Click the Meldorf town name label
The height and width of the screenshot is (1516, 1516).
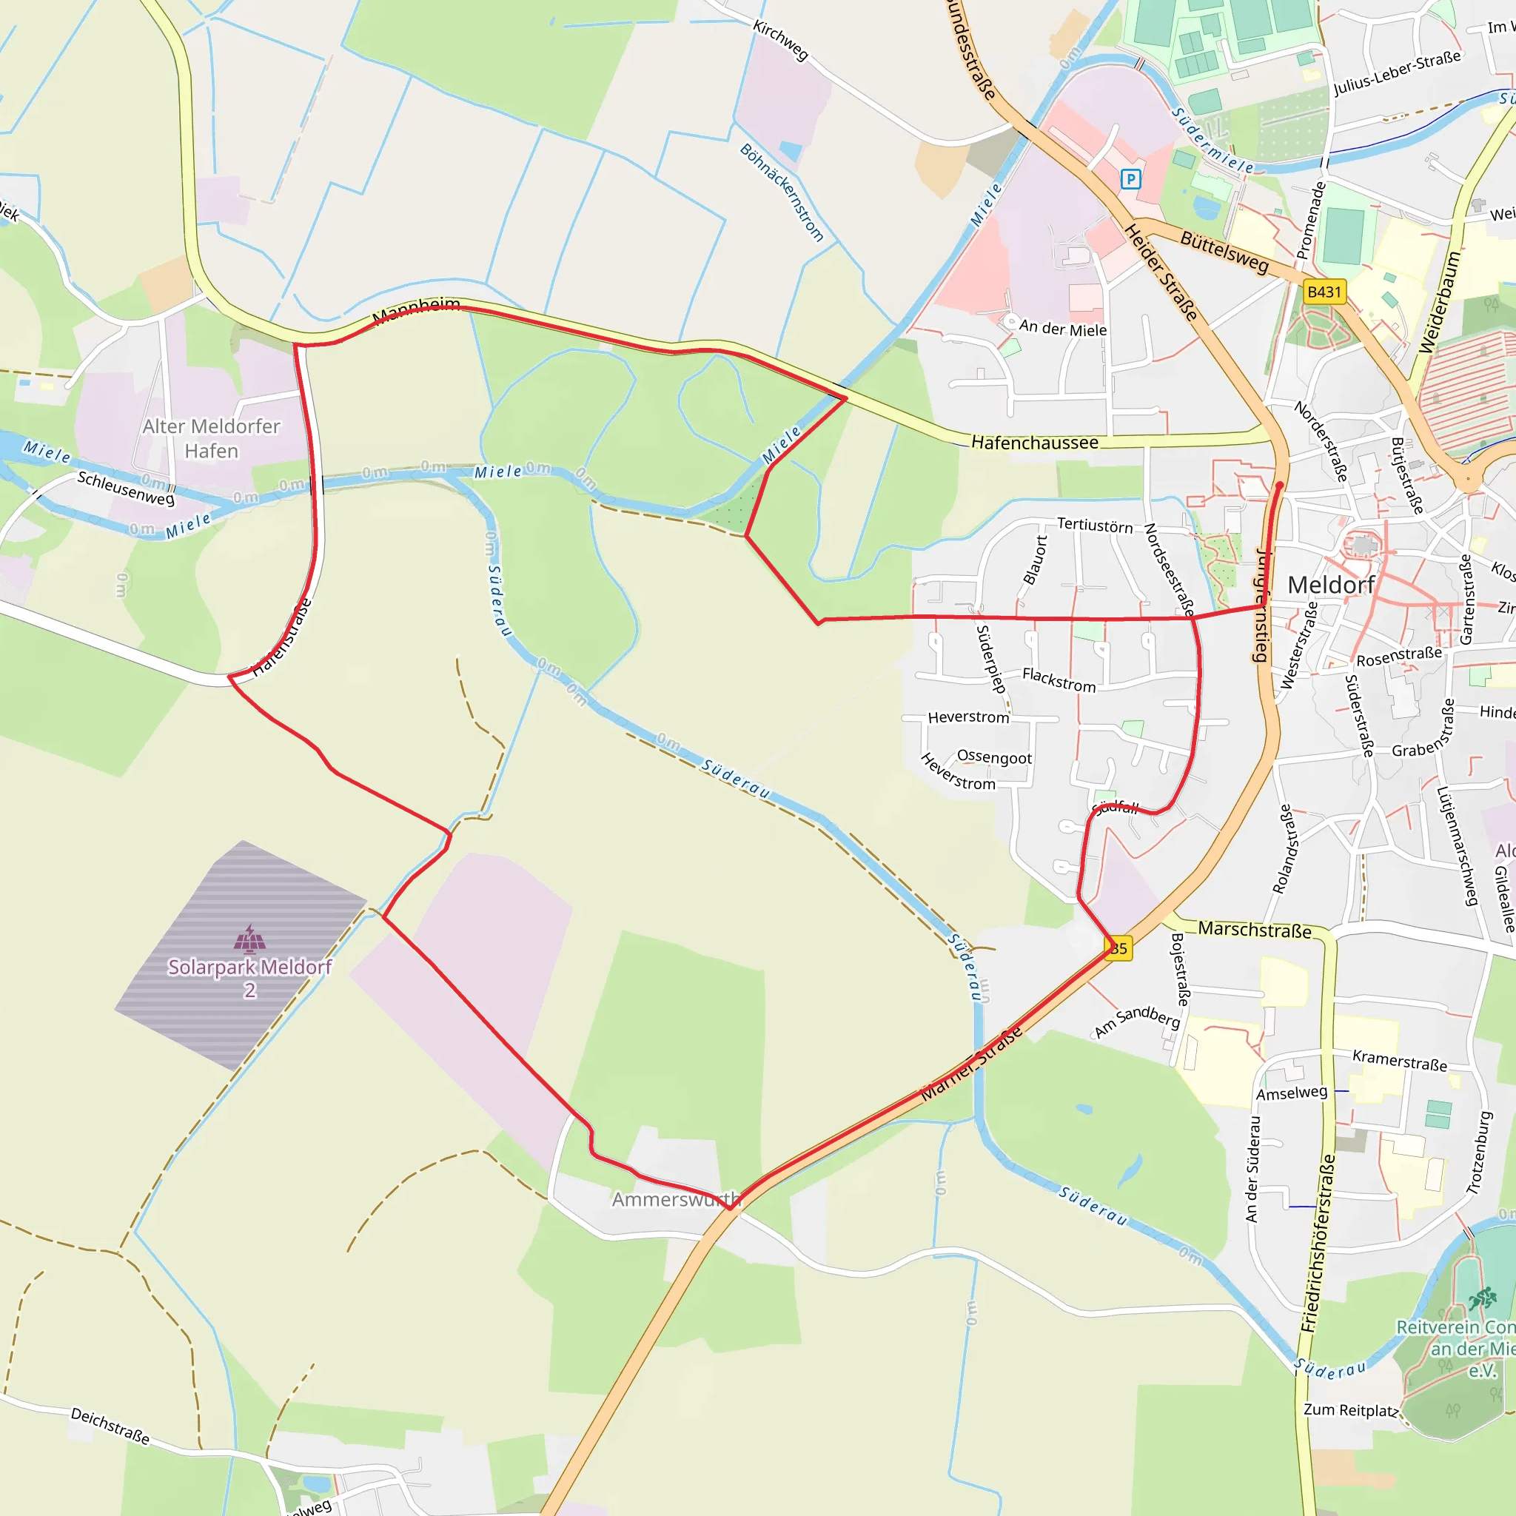point(1331,586)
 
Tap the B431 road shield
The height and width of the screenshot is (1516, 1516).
point(1324,292)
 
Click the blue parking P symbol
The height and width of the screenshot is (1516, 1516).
point(1130,180)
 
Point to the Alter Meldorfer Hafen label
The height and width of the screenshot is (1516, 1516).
point(211,439)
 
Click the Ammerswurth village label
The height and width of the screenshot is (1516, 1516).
point(676,1200)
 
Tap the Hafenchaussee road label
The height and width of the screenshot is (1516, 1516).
point(1034,443)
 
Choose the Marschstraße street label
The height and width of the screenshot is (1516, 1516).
point(1254,929)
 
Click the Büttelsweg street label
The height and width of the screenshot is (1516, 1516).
point(1224,252)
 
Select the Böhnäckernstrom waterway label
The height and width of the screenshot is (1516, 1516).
point(782,192)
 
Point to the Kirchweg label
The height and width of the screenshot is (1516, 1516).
point(780,40)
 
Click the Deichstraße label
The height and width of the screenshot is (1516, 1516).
point(110,1425)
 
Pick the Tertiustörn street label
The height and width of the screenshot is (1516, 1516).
point(1095,525)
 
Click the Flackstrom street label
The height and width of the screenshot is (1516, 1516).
point(1059,680)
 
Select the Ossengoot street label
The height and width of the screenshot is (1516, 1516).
point(994,757)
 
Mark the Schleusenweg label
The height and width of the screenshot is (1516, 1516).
point(126,488)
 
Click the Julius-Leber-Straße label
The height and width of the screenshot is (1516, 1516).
point(1397,73)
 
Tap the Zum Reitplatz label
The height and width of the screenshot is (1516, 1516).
point(1350,1410)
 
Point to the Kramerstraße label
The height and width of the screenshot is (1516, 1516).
point(1399,1060)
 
